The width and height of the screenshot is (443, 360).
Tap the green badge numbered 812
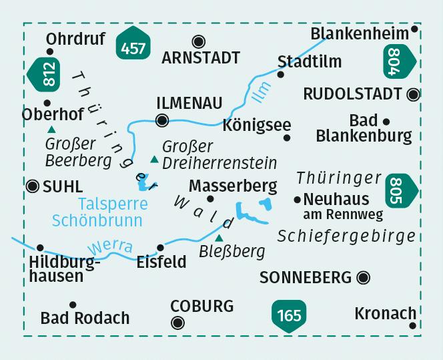pos(46,74)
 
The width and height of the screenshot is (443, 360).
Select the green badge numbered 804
pos(399,64)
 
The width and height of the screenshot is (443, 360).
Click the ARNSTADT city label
pos(201,58)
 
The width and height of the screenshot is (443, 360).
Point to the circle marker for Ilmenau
pos(161,121)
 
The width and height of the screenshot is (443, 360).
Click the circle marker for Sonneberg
pos(364,277)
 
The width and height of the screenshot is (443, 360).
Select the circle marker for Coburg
pos(177,323)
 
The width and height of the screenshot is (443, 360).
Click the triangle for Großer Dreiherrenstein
pos(155,159)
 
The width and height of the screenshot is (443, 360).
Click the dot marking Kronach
pos(413,325)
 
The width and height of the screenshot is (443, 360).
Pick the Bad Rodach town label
pos(85,319)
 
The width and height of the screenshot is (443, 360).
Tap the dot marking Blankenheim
pos(415,29)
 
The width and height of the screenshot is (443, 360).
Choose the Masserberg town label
pos(233,184)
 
